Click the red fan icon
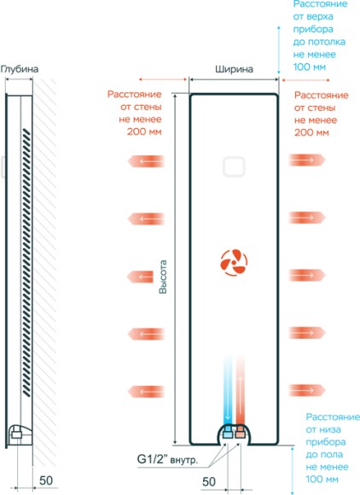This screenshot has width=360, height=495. [x=234, y=263]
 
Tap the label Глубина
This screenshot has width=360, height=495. [x=20, y=69]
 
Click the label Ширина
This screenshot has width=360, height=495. [x=234, y=69]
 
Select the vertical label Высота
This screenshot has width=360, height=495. [x=163, y=277]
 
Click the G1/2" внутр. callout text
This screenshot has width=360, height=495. [x=167, y=459]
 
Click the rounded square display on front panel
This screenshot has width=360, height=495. [x=234, y=166]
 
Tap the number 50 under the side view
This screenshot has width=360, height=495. [x=46, y=480]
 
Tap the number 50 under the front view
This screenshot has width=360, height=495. [x=209, y=481]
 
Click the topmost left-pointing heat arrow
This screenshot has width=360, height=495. [x=146, y=161]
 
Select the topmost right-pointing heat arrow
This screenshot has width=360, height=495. [x=307, y=160]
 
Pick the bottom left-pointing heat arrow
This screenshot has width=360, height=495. [x=146, y=392]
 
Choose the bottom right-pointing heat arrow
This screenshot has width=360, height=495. [x=307, y=390]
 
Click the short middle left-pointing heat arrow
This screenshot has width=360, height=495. [x=140, y=277]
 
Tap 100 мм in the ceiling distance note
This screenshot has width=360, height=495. [x=309, y=67]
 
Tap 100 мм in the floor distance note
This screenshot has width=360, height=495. [x=322, y=480]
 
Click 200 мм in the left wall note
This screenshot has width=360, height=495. [x=144, y=131]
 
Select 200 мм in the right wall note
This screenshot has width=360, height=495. [x=311, y=132]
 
